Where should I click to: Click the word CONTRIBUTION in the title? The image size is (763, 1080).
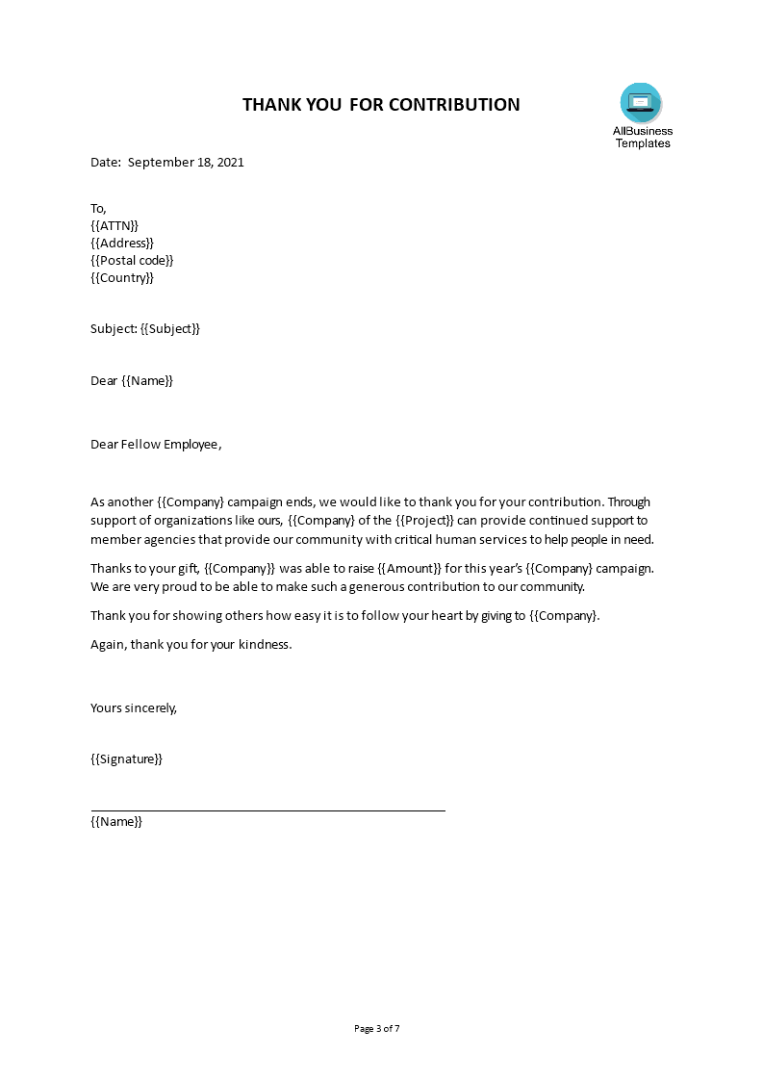pyautogui.click(x=454, y=104)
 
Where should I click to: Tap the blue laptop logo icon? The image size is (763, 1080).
pyautogui.click(x=641, y=102)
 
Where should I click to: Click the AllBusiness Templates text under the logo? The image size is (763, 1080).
pyautogui.click(x=643, y=137)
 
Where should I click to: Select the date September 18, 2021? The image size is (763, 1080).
pyautogui.click(x=186, y=162)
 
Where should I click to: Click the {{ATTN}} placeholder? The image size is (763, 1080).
pyautogui.click(x=114, y=225)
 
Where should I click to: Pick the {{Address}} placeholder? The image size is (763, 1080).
pyautogui.click(x=122, y=243)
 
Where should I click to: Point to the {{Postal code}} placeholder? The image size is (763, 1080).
pyautogui.click(x=133, y=260)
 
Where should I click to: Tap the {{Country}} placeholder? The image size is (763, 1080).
pyautogui.click(x=122, y=278)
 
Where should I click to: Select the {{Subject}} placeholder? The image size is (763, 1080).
pyautogui.click(x=170, y=328)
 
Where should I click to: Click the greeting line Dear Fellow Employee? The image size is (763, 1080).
pyautogui.click(x=156, y=444)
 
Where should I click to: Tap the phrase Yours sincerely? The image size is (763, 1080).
pyautogui.click(x=134, y=707)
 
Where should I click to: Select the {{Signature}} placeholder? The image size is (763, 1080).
pyautogui.click(x=127, y=759)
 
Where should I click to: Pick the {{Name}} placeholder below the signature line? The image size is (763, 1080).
pyautogui.click(x=116, y=821)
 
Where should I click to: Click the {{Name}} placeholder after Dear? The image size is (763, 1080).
pyautogui.click(x=147, y=380)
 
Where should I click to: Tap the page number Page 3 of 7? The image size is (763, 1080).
pyautogui.click(x=377, y=1028)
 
